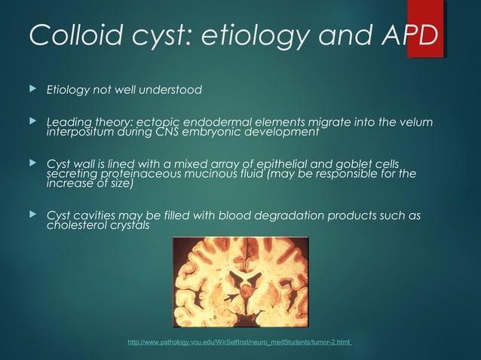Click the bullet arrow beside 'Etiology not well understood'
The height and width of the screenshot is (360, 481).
(31, 90)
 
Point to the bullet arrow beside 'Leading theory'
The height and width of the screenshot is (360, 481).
(31, 123)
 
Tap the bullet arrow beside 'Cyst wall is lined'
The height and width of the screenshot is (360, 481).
(31, 163)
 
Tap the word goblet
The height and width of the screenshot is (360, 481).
(339, 163)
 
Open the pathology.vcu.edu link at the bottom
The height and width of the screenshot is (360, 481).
(240, 343)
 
